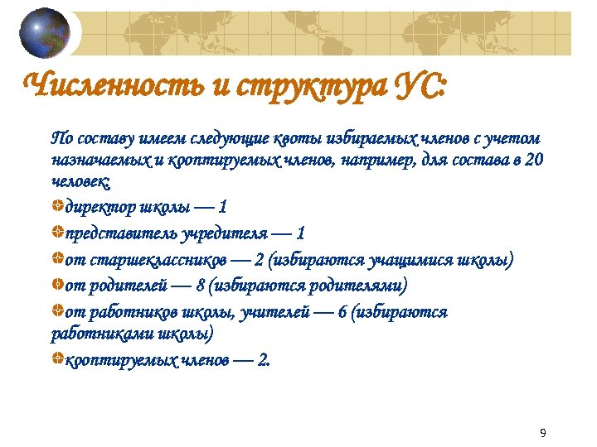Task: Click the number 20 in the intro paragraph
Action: pyautogui.click(x=535, y=159)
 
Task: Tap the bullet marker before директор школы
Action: pyautogui.click(x=56, y=204)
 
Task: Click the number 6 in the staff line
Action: pyautogui.click(x=342, y=312)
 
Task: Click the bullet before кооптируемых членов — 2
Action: pyautogui.click(x=56, y=359)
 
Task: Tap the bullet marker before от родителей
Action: pyautogui.click(x=56, y=285)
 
